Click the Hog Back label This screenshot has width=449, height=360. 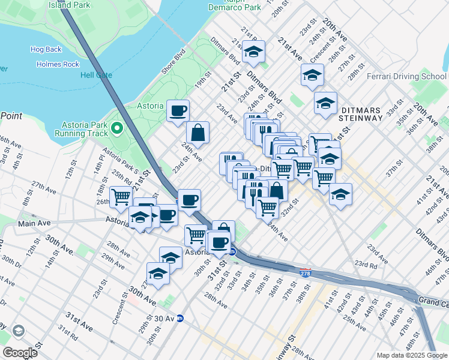pos(46,49)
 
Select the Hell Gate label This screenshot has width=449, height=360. pos(96,76)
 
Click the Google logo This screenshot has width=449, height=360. pos(20,352)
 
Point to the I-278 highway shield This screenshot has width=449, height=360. pos(305,272)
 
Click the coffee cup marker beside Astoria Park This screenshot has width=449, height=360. pos(178,111)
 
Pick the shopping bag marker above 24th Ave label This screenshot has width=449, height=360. pos(197,133)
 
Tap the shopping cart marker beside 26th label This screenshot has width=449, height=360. pos(122,196)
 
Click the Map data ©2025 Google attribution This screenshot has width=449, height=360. pos(412,355)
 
